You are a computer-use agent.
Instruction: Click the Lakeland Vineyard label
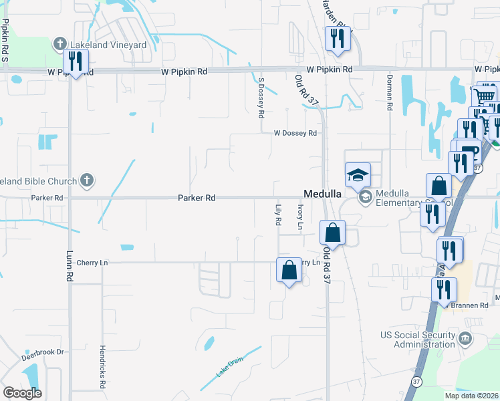pos(108,45)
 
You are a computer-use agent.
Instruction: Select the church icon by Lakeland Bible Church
pos(86,180)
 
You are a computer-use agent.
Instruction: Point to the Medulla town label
pos(324,193)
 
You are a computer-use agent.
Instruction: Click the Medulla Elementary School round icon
pos(366,196)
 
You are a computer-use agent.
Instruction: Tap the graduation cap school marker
pos(358,176)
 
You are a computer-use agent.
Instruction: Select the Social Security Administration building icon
pos(466,339)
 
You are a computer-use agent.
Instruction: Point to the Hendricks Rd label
pos(104,368)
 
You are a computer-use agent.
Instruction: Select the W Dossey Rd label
pos(295,133)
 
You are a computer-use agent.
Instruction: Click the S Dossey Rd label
pos(261,97)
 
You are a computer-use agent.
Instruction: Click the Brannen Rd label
pos(474,305)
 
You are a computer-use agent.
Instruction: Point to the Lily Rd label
pos(277,215)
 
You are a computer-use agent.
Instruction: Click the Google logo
pos(23,393)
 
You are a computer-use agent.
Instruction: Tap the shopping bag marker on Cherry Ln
pos(289,271)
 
